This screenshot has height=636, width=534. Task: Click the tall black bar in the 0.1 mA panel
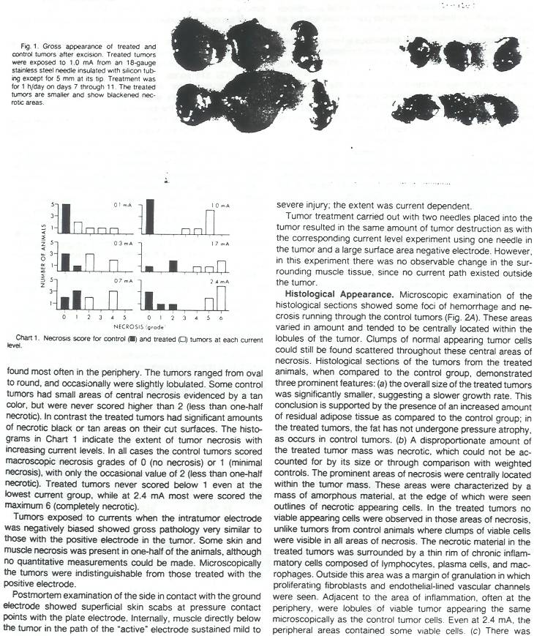pos(65,218)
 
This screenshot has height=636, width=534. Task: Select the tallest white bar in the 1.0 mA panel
pos(211,222)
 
